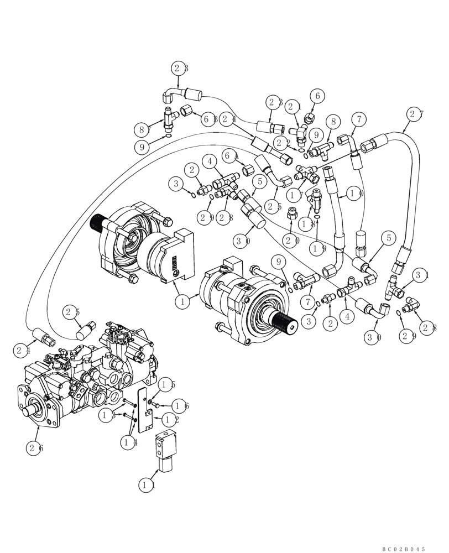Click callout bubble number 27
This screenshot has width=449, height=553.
coord(415,114)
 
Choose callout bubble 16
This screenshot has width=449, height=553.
coord(180,406)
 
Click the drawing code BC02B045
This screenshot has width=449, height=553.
coord(403,549)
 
